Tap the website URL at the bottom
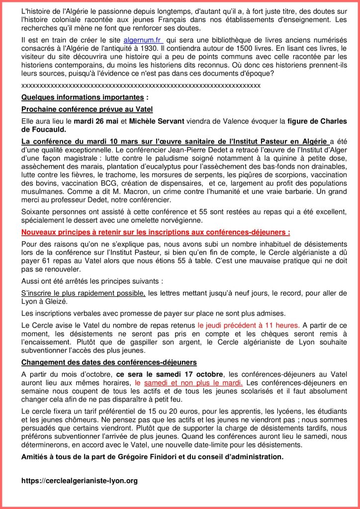point(80,481)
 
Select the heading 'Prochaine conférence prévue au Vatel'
point(87,109)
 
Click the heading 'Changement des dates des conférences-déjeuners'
point(109,362)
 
